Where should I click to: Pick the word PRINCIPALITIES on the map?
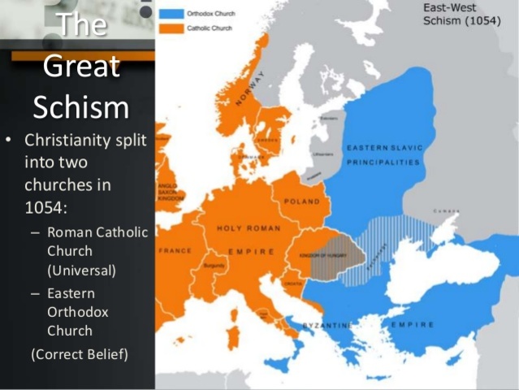tap(383, 162)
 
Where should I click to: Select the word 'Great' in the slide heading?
tap(81, 65)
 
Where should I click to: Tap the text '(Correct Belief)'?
tap(78, 354)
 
